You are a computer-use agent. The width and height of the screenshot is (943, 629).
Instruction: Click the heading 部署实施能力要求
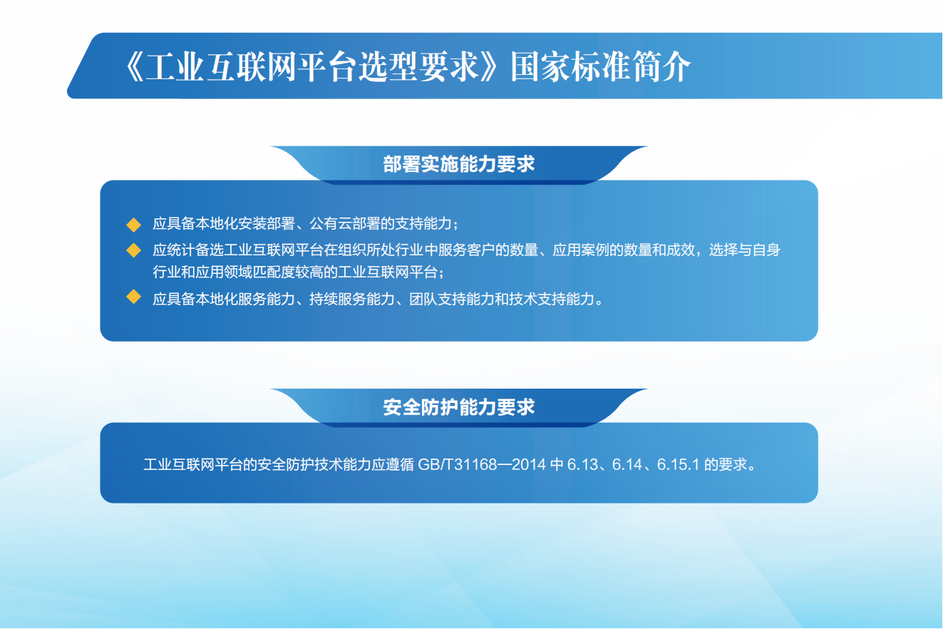(458, 164)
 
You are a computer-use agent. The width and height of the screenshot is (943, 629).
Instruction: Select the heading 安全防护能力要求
(458, 407)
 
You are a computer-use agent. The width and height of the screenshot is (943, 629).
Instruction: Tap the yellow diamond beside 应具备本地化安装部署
(133, 225)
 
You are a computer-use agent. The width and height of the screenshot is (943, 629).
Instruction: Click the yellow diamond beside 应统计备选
(133, 250)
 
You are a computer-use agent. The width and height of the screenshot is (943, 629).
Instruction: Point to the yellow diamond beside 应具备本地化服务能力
(133, 297)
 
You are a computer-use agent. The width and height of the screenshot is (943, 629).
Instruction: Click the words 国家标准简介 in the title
(601, 66)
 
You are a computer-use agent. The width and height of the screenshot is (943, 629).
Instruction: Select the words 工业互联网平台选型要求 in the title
(311, 66)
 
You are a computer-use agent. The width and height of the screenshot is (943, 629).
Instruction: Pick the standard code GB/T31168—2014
(482, 464)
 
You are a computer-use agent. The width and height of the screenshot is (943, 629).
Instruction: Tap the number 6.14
(626, 464)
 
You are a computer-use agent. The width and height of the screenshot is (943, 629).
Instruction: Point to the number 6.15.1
(678, 464)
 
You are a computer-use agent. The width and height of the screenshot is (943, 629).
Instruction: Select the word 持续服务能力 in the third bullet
(352, 299)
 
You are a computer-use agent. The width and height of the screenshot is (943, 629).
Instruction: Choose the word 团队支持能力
(452, 299)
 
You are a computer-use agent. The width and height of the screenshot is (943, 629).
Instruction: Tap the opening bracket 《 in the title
(135, 66)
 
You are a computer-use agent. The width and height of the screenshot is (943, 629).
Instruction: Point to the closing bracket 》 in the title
(489, 66)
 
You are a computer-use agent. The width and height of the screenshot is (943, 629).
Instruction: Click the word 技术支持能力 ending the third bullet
(552, 299)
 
